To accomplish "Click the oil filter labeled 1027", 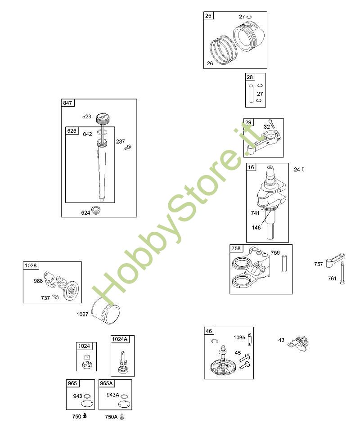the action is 106,311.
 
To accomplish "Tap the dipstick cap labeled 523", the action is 103,118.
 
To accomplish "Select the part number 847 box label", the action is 68,103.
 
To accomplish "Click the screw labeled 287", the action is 128,147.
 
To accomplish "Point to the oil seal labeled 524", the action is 96,211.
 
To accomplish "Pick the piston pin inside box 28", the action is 251,94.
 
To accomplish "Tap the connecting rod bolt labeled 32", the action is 271,123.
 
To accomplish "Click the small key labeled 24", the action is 303,169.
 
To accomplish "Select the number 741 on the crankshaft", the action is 255,213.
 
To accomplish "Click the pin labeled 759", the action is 284,264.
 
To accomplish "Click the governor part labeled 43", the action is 298,343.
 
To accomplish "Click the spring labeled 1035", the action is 250,339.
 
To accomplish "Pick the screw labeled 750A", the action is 122,417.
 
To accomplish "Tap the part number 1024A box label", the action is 120,339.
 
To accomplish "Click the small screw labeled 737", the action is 56,297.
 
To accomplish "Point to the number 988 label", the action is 38,281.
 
